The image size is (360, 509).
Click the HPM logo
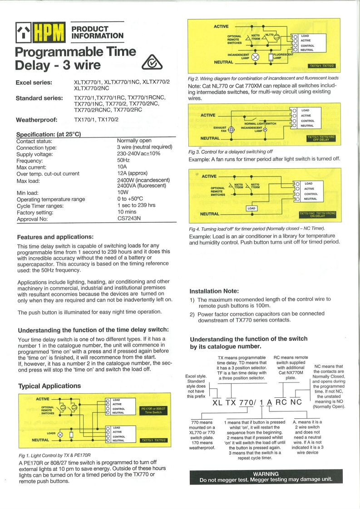pos(41,33)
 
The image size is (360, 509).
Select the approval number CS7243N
pos(129,218)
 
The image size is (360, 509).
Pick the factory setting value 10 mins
pos(128,212)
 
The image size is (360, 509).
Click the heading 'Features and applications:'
pos(55,236)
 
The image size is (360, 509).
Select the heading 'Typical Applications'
pos(49,386)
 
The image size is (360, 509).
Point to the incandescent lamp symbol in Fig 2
pos(255,56)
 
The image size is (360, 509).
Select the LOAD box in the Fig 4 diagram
pos(252,208)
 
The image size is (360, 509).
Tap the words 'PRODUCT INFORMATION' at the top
pos(98,32)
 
